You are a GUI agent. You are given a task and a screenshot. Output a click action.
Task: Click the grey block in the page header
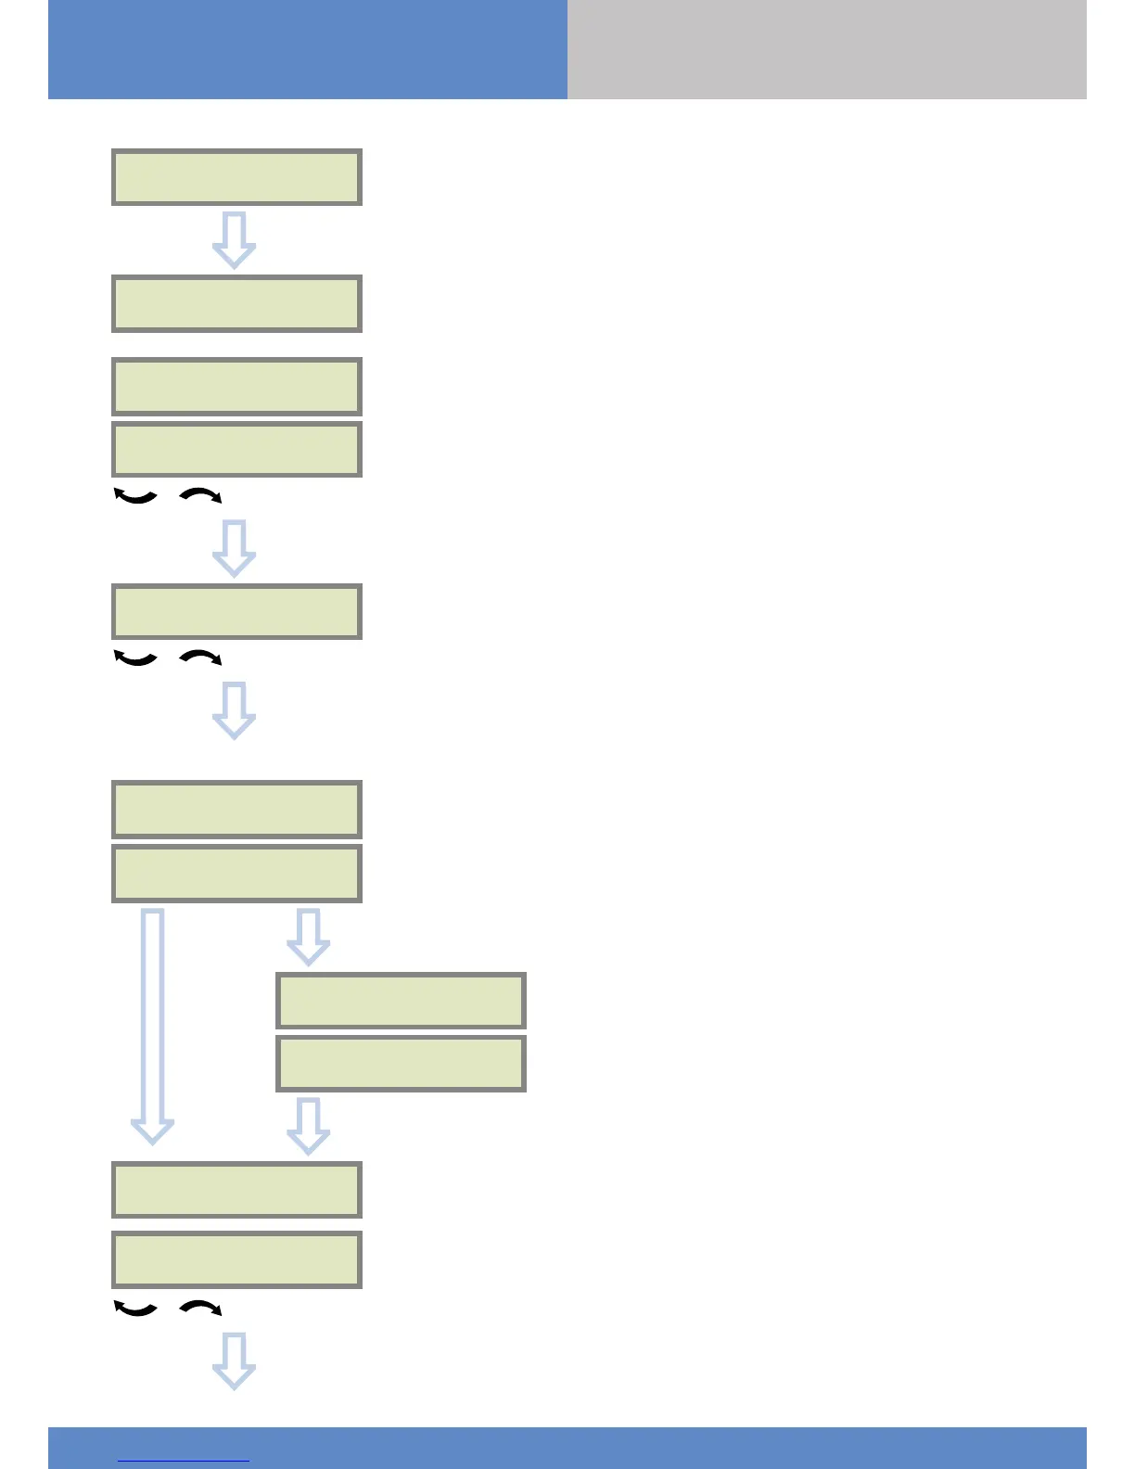[826, 49]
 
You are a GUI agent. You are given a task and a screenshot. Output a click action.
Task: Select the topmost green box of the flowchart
[236, 177]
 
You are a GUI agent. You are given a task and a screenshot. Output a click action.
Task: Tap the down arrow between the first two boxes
[235, 240]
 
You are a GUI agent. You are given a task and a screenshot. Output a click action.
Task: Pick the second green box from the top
[236, 303]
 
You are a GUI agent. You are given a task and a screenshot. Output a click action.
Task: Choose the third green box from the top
[236, 386]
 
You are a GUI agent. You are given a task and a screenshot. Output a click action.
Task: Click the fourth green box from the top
[236, 449]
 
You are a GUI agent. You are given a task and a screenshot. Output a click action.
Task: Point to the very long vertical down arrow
[153, 1026]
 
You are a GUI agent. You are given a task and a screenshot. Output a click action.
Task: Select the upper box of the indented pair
[401, 1001]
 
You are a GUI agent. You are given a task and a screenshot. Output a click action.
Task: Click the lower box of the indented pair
[401, 1063]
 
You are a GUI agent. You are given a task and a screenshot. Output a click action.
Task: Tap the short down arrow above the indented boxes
[309, 937]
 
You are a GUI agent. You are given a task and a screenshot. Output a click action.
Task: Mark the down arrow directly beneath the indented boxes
[309, 1126]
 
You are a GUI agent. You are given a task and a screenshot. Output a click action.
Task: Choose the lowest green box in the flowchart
[236, 1259]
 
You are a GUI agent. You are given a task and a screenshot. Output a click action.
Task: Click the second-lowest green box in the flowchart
[236, 1189]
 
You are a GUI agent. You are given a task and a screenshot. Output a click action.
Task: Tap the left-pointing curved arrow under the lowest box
[135, 1309]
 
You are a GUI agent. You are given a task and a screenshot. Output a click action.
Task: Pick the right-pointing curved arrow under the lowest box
[200, 1308]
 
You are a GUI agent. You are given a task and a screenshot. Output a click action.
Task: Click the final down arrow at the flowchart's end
[235, 1360]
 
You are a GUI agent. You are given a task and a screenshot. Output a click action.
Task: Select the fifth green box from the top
[236, 611]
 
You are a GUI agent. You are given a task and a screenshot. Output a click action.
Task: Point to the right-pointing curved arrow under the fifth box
[200, 658]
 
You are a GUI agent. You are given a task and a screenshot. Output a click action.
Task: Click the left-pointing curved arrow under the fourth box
[135, 496]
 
